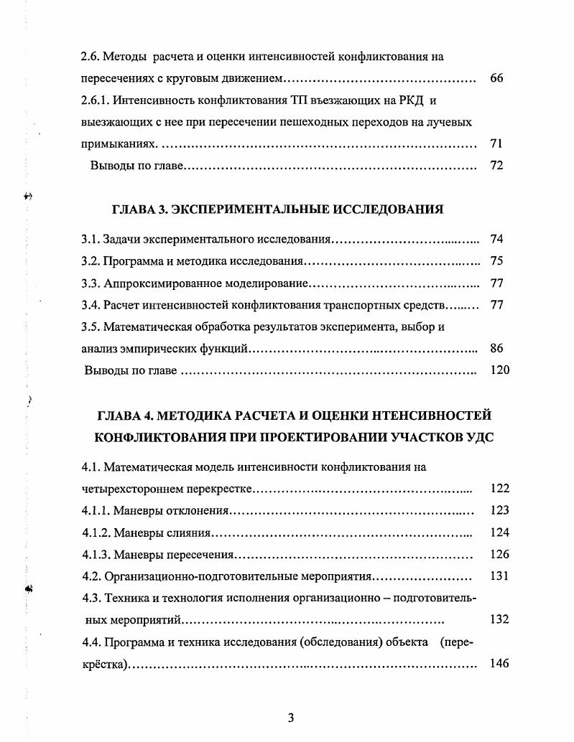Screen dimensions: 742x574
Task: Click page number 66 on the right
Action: click(496, 78)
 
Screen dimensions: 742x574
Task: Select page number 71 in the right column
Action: click(496, 144)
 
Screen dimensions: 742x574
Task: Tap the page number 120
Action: click(499, 370)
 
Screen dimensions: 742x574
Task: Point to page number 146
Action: click(499, 663)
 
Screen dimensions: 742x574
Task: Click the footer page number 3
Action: click(290, 718)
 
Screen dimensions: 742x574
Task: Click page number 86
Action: click(496, 349)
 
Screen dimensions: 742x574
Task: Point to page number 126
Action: click(499, 554)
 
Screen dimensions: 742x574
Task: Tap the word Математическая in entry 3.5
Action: click(147, 327)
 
